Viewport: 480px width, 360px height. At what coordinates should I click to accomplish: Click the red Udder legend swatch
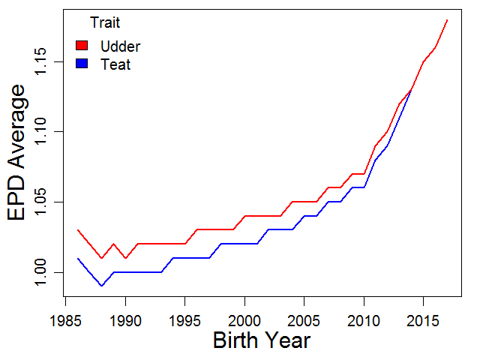pyautogui.click(x=82, y=45)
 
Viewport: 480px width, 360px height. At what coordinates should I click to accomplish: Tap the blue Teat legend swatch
pyautogui.click(x=82, y=63)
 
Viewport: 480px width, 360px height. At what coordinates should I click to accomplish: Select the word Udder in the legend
pyautogui.click(x=120, y=46)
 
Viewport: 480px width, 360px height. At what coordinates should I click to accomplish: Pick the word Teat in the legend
pyautogui.click(x=115, y=64)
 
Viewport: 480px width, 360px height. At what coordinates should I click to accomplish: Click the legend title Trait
pyautogui.click(x=105, y=22)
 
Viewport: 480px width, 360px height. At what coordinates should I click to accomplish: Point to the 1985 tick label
pyautogui.click(x=65, y=321)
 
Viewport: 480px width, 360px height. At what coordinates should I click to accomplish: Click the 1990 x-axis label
pyautogui.click(x=125, y=321)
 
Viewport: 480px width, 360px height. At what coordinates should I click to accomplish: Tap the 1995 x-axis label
pyautogui.click(x=185, y=321)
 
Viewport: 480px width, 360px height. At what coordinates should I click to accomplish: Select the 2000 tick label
pyautogui.click(x=244, y=321)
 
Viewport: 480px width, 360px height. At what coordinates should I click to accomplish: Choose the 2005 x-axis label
pyautogui.click(x=304, y=321)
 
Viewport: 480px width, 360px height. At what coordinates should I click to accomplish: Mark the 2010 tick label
pyautogui.click(x=364, y=321)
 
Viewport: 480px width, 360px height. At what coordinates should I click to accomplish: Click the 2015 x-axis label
pyautogui.click(x=423, y=321)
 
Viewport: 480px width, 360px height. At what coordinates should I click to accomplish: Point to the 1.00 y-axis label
pyautogui.click(x=40, y=272)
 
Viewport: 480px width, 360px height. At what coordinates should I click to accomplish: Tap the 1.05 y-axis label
pyautogui.click(x=40, y=202)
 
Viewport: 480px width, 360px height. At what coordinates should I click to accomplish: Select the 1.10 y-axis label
pyautogui.click(x=40, y=132)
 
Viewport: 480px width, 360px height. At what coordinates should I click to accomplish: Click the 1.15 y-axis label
pyautogui.click(x=40, y=61)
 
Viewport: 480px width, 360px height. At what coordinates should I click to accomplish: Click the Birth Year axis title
pyautogui.click(x=262, y=340)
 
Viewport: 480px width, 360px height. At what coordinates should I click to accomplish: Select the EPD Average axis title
pyautogui.click(x=16, y=152)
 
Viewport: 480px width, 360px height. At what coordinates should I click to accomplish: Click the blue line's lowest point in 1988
pyautogui.click(x=102, y=286)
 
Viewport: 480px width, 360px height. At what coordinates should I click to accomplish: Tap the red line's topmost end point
pyautogui.click(x=447, y=20)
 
